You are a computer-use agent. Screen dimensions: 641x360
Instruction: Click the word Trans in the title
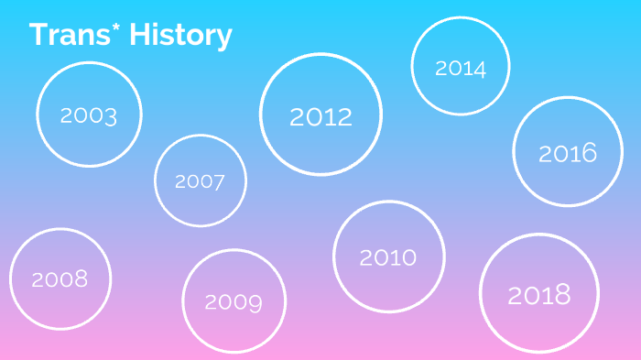click(70, 35)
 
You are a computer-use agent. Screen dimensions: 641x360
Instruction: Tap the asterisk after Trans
click(115, 27)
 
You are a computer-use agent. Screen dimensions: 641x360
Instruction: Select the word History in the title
click(180, 36)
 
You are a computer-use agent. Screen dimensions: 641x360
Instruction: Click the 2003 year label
click(89, 115)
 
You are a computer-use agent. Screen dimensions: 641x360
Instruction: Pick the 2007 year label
click(200, 181)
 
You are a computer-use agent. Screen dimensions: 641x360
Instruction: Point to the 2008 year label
click(60, 279)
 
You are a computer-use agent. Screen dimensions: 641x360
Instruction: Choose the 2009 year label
click(234, 302)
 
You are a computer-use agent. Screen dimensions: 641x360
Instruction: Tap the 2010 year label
click(388, 257)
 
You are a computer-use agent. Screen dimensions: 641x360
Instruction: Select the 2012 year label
click(320, 117)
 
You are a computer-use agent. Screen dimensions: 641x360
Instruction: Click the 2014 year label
click(461, 69)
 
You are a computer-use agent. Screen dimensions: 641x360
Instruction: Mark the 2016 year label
click(568, 153)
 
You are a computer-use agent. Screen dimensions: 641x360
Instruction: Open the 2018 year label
click(539, 295)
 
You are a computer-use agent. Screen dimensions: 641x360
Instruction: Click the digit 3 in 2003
click(111, 116)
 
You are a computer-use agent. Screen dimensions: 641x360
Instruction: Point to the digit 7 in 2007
click(218, 182)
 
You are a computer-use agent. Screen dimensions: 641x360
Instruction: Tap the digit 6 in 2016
click(590, 153)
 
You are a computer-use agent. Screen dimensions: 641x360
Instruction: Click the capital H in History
click(138, 35)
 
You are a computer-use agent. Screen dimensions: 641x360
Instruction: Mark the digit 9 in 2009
click(255, 303)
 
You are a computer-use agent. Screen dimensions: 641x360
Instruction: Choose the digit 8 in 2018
click(563, 295)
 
